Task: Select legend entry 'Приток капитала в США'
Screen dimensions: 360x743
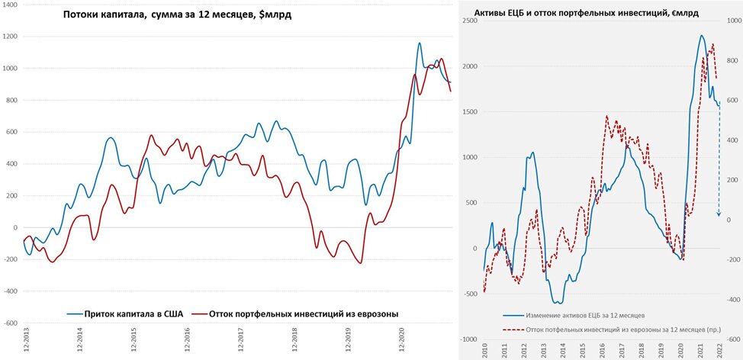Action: (122, 313)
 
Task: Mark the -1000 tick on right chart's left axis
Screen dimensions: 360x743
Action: (467, 339)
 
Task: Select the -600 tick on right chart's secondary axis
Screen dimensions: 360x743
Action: (731, 339)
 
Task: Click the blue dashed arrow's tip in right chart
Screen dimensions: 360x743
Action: (719, 214)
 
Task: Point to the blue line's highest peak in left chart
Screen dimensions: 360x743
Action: (420, 43)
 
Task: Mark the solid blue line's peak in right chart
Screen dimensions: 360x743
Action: (701, 35)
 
